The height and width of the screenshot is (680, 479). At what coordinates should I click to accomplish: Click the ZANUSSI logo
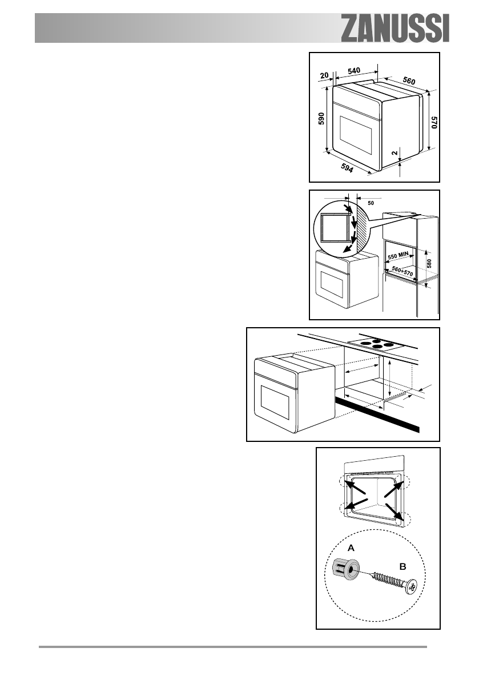(x=395, y=29)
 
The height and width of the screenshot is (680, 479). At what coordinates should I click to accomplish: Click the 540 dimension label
(x=353, y=70)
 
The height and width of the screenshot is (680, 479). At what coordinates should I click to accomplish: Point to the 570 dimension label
(x=434, y=124)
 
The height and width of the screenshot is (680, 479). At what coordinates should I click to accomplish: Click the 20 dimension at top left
(x=324, y=75)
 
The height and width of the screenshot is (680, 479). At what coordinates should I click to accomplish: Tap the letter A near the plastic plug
(x=351, y=547)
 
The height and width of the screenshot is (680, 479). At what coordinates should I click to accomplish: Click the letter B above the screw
(x=402, y=567)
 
